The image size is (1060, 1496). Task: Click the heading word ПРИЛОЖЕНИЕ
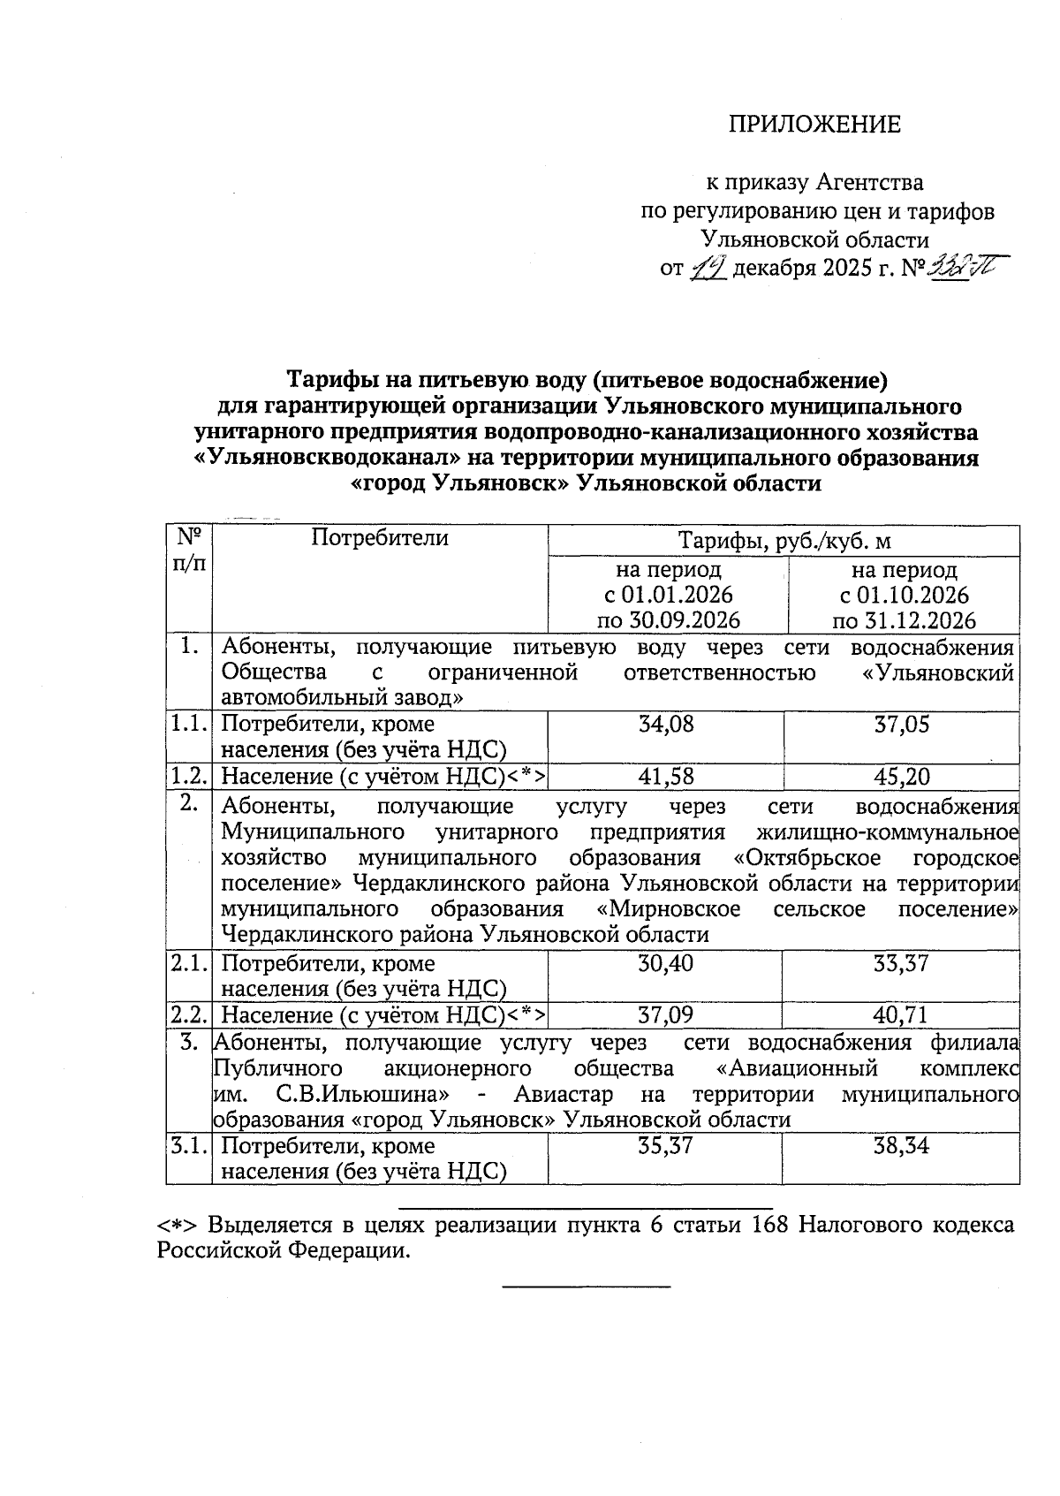click(814, 124)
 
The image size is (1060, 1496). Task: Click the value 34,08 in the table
click(665, 725)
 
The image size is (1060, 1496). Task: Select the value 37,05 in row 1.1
click(902, 725)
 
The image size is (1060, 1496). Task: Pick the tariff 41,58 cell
click(665, 776)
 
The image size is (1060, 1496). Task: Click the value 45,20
click(902, 776)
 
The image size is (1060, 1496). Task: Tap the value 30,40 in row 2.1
click(665, 963)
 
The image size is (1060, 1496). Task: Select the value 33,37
click(902, 963)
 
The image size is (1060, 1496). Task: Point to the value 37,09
click(665, 1014)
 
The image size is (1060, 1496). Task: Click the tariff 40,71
click(902, 1014)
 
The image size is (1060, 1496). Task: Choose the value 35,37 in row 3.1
click(665, 1146)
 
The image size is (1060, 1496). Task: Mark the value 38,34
click(902, 1146)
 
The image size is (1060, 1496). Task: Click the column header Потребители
click(380, 538)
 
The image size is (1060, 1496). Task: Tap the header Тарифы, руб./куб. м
click(784, 541)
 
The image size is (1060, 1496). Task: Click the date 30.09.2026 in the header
click(685, 620)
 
